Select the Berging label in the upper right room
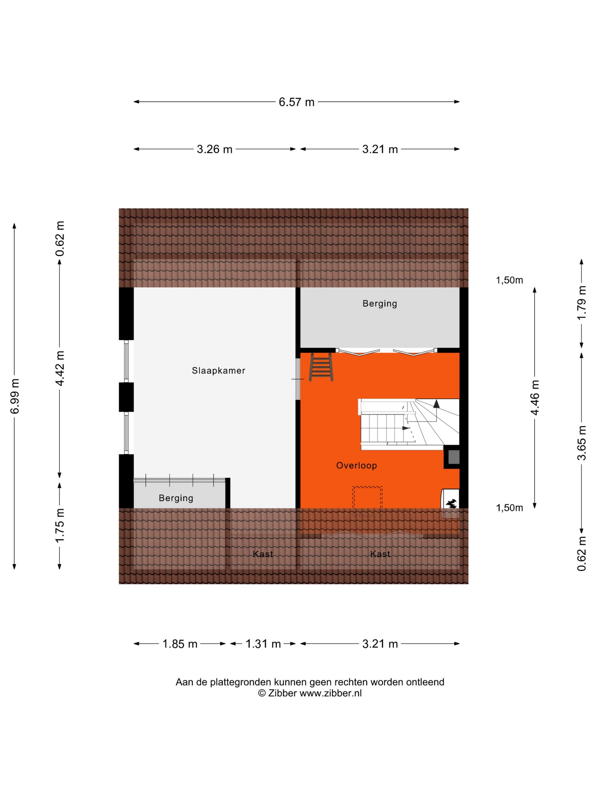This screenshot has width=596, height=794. tap(380, 304)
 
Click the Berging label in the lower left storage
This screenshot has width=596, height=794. tap(176, 498)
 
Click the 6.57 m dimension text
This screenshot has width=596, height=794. tap(296, 102)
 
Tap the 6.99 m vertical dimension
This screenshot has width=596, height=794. tap(15, 396)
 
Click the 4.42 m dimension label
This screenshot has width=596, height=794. tap(60, 368)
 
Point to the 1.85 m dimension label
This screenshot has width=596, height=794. tap(180, 644)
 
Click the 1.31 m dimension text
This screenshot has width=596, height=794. tap(263, 644)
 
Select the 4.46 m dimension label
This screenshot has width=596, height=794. tap(535, 397)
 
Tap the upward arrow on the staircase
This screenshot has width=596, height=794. tap(436, 404)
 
